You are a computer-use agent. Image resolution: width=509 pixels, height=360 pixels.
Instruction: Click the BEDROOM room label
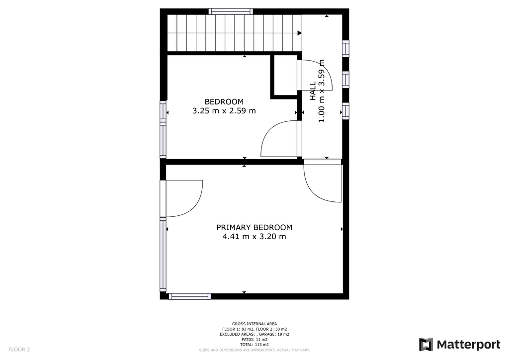pyautogui.click(x=224, y=101)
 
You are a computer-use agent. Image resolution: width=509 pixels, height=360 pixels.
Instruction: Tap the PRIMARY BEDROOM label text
pyautogui.click(x=254, y=227)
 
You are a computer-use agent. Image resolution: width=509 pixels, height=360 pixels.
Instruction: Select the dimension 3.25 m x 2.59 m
pyautogui.click(x=224, y=111)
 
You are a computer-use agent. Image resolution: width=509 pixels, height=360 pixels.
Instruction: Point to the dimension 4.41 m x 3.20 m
pyautogui.click(x=254, y=236)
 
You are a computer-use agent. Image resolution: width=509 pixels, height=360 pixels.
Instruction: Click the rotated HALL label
pyautogui.click(x=313, y=91)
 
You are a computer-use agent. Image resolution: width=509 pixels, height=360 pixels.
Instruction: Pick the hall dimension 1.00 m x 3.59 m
pyautogui.click(x=322, y=91)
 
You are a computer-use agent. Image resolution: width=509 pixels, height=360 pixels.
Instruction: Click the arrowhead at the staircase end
pyautogui.click(x=300, y=33)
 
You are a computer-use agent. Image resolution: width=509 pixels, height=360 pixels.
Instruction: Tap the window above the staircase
pyautogui.click(x=231, y=11)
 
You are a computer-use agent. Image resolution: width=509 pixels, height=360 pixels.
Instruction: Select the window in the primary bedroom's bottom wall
pyautogui.click(x=190, y=296)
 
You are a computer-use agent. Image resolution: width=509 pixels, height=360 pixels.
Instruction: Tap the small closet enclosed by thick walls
pyautogui.click(x=285, y=75)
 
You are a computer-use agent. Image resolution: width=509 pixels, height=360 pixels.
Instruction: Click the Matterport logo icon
pyautogui.click(x=426, y=345)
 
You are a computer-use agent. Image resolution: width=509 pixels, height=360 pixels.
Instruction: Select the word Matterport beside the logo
pyautogui.click(x=468, y=345)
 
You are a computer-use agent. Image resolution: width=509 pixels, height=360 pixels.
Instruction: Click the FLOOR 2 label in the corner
pyautogui.click(x=19, y=350)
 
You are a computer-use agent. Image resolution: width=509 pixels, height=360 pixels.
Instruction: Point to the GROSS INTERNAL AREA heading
pyautogui.click(x=254, y=324)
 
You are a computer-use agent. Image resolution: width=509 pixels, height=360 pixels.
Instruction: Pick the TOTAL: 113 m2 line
pyautogui.click(x=254, y=345)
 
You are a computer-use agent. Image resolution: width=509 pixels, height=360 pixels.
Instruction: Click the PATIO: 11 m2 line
pyautogui.click(x=254, y=339)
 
